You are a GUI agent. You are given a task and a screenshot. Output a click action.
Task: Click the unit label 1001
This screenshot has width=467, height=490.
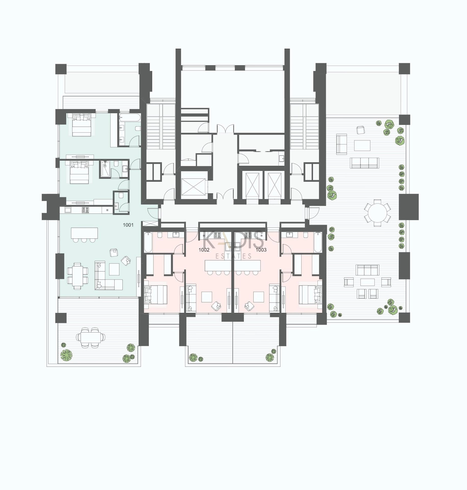click(x=128, y=225)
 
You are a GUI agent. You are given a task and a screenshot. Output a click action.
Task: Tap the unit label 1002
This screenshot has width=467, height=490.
click(x=204, y=250)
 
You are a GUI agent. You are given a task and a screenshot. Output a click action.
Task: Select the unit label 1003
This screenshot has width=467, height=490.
click(x=261, y=250)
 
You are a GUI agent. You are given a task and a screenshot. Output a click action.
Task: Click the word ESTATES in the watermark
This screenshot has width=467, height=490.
click(x=233, y=256)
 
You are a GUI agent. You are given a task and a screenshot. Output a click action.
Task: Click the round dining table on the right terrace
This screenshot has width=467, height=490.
click(x=377, y=213)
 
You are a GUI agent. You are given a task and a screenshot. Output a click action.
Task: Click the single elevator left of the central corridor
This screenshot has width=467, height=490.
click(x=193, y=187)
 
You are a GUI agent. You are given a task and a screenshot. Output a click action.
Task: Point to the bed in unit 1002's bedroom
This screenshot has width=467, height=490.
click(x=155, y=295)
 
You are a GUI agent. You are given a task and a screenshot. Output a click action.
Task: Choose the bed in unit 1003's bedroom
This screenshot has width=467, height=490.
click(x=310, y=295)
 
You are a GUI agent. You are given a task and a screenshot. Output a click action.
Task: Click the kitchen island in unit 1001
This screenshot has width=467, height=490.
click(x=84, y=233)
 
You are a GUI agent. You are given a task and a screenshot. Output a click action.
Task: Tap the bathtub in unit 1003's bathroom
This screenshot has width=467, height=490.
click(x=318, y=242)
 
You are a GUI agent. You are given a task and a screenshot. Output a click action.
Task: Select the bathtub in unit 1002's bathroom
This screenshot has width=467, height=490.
click(x=148, y=242)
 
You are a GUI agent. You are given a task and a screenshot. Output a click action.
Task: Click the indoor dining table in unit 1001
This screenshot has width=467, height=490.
click(x=78, y=276)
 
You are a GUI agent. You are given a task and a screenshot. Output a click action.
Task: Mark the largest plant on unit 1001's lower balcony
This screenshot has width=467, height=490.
click(x=66, y=355)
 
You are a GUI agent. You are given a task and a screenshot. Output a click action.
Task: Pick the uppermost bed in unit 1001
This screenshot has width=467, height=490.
click(x=82, y=125)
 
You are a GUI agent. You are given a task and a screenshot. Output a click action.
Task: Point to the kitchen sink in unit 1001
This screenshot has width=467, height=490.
click(x=68, y=210)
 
